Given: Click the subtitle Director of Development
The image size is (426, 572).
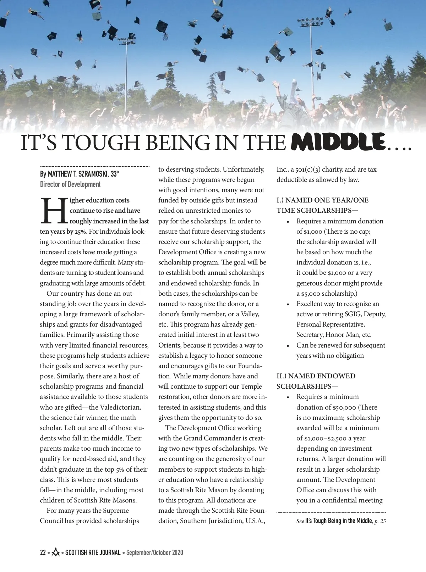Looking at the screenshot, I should (x=70, y=184).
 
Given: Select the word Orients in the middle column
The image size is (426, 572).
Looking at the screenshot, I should (x=170, y=345).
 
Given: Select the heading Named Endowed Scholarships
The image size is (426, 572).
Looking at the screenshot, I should (x=316, y=381).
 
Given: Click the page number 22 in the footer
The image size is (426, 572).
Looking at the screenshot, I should (x=43, y=552).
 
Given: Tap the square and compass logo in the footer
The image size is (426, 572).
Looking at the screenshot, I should (x=55, y=552).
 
